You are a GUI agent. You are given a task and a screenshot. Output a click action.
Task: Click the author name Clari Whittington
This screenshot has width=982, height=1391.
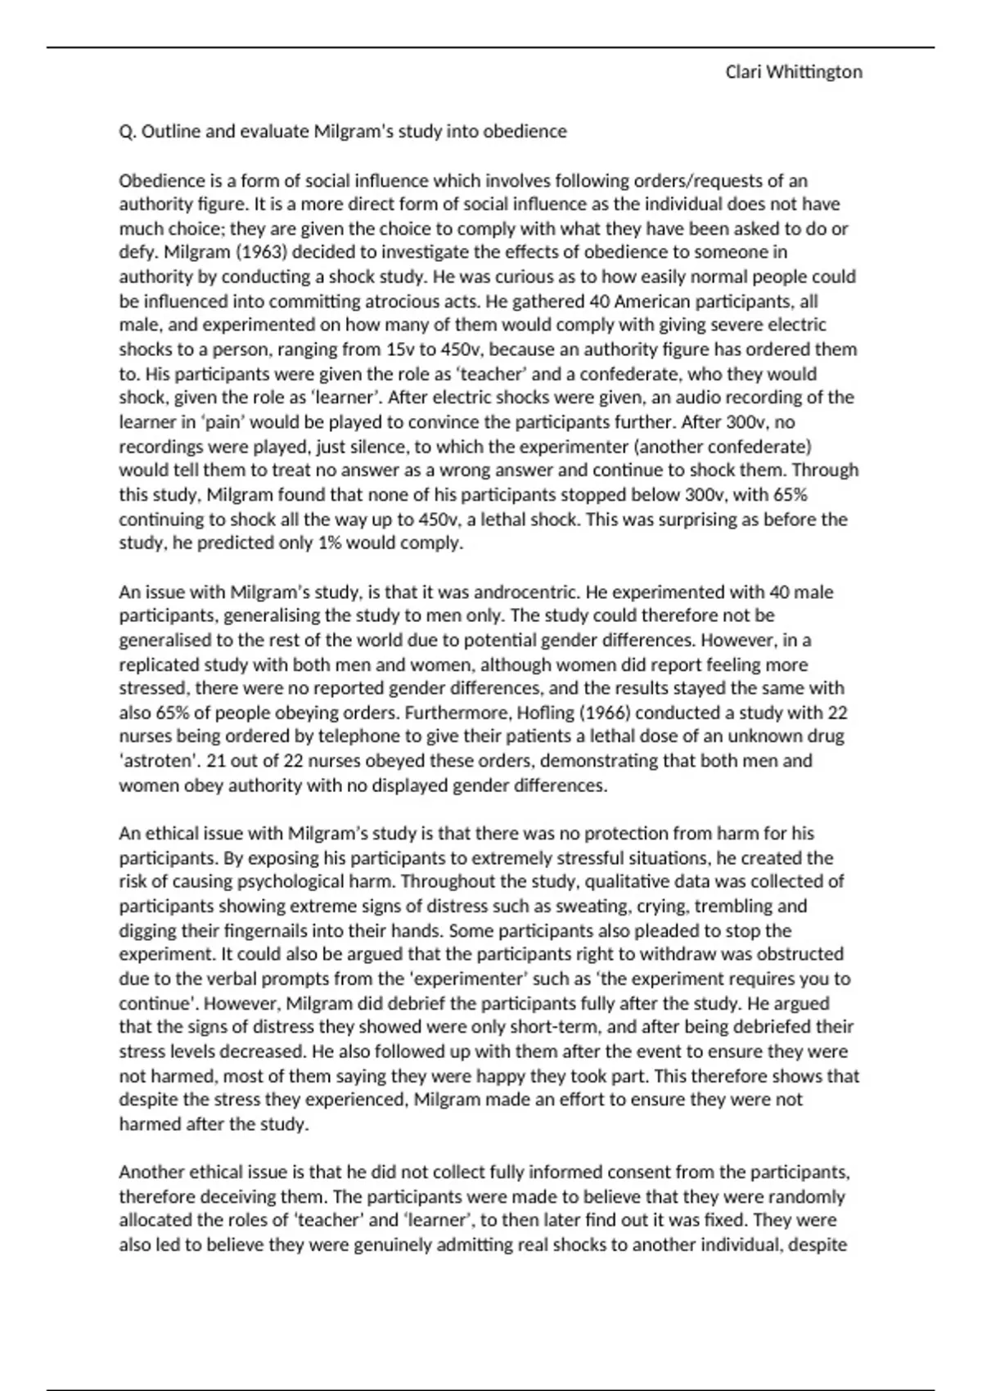(793, 72)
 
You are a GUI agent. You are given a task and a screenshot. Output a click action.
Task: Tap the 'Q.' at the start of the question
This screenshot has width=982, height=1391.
(128, 132)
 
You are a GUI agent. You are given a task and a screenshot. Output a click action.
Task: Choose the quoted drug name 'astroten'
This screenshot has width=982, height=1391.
(158, 761)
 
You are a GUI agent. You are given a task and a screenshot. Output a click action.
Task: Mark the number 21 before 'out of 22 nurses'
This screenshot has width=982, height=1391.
(216, 761)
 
